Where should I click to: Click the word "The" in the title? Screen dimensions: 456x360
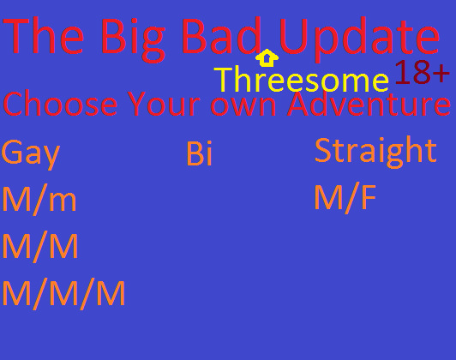point(43,36)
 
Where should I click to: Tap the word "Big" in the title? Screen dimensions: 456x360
point(133,40)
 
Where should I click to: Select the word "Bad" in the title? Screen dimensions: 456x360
point(221,35)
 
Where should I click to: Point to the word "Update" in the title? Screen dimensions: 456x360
point(359,39)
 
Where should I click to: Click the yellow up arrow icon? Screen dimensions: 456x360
point(267,57)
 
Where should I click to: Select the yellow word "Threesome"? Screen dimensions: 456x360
point(301,79)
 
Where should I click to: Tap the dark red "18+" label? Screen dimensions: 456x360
point(423,72)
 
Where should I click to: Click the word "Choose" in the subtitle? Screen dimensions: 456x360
point(60,103)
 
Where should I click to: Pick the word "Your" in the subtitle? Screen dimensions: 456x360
point(164,104)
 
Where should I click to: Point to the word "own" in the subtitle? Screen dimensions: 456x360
point(243,106)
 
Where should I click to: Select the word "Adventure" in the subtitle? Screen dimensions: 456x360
point(369,103)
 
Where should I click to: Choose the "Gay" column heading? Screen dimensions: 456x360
point(31,154)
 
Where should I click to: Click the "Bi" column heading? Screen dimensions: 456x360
point(199,153)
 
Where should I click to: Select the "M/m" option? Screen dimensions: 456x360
point(39,200)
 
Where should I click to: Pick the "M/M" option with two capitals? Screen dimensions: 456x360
point(40,247)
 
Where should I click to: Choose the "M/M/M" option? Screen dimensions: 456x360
point(63,294)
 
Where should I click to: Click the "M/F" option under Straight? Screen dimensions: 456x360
point(345,198)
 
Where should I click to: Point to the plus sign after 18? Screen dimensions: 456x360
point(441,73)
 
